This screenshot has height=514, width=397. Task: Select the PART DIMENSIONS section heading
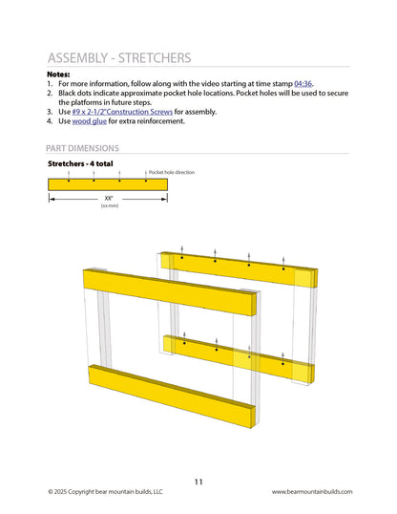pyautogui.click(x=83, y=148)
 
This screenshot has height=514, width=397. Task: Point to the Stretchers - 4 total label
pyautogui.click(x=80, y=164)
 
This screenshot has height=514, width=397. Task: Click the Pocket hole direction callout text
pyautogui.click(x=172, y=172)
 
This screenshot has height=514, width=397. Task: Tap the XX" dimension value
pyautogui.click(x=109, y=199)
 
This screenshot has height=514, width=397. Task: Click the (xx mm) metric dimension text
pyautogui.click(x=109, y=206)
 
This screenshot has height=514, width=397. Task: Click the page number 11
pyautogui.click(x=198, y=482)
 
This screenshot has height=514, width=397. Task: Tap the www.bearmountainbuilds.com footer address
pyautogui.click(x=312, y=492)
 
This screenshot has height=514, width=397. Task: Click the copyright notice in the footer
pyautogui.click(x=106, y=492)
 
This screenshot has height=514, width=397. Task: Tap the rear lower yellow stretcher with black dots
pyautogui.click(x=239, y=356)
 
